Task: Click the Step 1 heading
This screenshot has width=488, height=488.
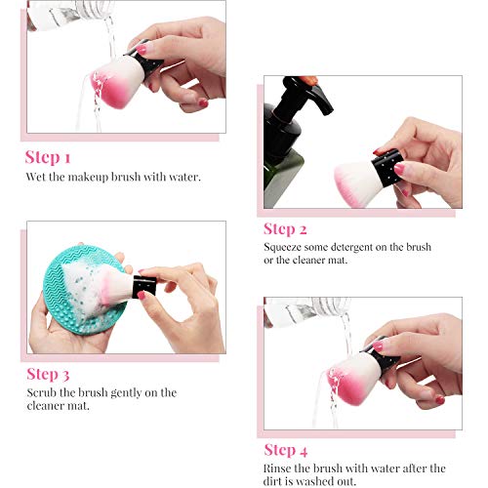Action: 48,158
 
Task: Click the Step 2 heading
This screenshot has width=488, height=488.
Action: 286,229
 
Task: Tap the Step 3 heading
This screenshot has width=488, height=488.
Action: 48,374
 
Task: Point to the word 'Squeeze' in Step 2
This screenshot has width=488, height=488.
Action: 282,248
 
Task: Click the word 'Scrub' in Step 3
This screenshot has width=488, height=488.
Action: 40,392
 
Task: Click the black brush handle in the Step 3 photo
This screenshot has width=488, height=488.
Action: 144,285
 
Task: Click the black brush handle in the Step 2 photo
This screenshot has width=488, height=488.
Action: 388,163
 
